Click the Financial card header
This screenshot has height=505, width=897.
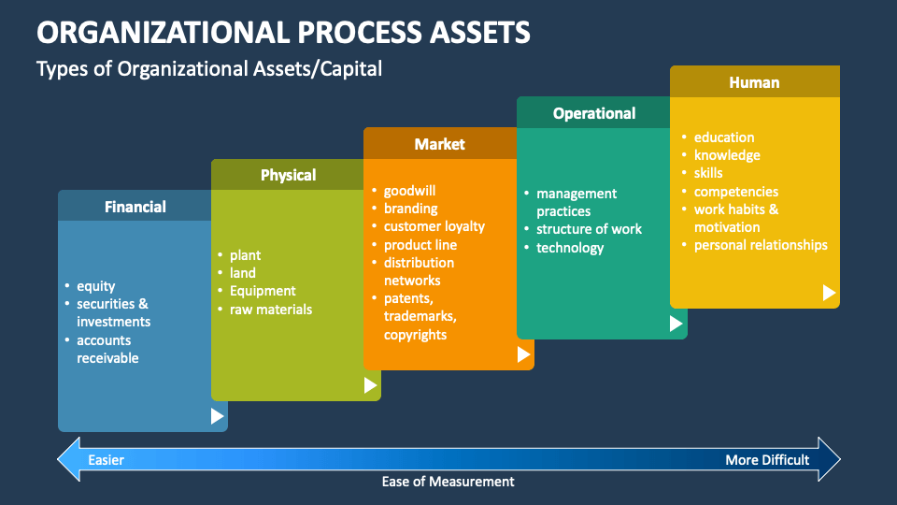point(135,207)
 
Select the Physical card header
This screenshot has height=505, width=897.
point(288,175)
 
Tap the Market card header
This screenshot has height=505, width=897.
point(439,144)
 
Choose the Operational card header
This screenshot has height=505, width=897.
point(593,113)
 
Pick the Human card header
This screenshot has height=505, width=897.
point(754,82)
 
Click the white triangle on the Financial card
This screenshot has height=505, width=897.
point(217,416)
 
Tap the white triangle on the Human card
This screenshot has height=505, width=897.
point(829,293)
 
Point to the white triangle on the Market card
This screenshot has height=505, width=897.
point(523,354)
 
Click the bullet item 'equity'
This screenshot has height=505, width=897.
point(95,286)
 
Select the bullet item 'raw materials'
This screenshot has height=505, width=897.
point(271,309)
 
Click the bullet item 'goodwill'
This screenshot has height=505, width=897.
point(409,191)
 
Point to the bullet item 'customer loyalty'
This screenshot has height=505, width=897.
point(434,226)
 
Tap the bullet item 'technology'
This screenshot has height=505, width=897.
point(570,248)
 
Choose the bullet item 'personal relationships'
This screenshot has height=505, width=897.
point(761,245)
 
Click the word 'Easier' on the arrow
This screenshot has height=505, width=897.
point(106,460)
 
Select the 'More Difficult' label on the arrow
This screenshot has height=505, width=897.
point(767,460)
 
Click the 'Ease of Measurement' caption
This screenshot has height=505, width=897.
point(448,482)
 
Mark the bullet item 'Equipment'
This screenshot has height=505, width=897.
point(263,291)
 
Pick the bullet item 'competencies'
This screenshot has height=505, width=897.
point(735,192)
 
